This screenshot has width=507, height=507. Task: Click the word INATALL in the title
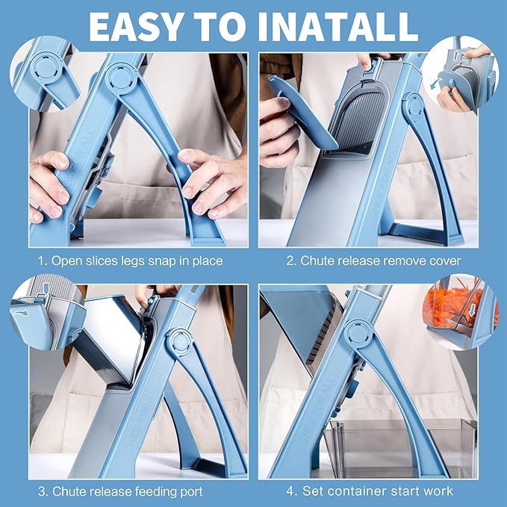pyautogui.click(x=338, y=27)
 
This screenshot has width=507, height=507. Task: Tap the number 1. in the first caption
pyautogui.click(x=43, y=261)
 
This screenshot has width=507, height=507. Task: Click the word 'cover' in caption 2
pyautogui.click(x=445, y=261)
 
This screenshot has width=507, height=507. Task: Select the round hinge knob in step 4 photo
pyautogui.click(x=358, y=334)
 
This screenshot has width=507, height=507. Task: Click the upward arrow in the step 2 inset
pyautogui.click(x=456, y=55)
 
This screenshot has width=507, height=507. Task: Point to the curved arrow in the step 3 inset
pyautogui.click(x=21, y=313)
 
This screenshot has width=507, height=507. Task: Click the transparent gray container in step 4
pyautogui.click(x=400, y=448)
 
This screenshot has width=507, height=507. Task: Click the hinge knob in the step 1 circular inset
pyautogui.click(x=46, y=68)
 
